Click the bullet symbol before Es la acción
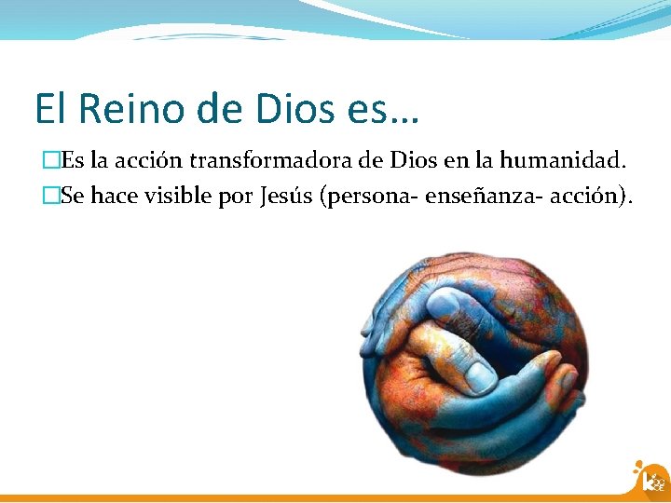pos(50,160)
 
